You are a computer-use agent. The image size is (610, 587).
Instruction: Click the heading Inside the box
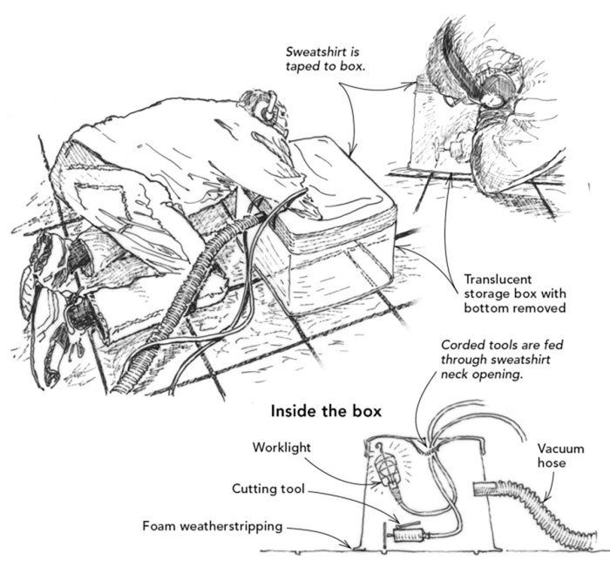click(326, 411)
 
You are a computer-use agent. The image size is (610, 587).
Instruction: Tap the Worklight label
click(281, 448)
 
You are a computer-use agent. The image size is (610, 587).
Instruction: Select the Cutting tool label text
click(268, 489)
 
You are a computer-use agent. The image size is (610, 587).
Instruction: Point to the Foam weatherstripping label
click(213, 526)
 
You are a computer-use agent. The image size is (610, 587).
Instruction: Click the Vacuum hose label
click(560, 455)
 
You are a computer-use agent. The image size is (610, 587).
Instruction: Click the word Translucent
click(498, 279)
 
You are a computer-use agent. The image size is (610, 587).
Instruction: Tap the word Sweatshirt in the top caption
click(316, 51)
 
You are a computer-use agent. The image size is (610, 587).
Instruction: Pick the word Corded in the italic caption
click(460, 345)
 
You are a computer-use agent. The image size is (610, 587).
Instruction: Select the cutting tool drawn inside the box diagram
click(407, 536)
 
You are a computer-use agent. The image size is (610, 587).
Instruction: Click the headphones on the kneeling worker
click(268, 107)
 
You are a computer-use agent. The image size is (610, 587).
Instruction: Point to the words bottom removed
click(515, 308)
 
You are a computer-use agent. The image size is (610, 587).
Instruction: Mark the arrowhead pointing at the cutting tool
click(396, 520)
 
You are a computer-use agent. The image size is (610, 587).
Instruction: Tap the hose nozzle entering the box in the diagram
click(485, 489)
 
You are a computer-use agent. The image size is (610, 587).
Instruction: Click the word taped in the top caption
click(300, 66)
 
